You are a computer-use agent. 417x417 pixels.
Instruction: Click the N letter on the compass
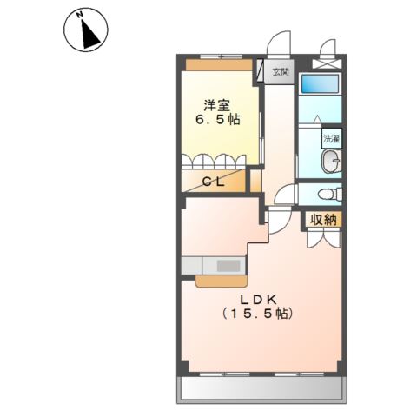tap(79, 15)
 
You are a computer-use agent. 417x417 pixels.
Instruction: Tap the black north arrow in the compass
tap(90, 34)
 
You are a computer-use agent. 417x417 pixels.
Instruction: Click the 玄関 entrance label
tap(281, 72)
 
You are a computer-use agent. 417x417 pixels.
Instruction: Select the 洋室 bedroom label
tap(217, 105)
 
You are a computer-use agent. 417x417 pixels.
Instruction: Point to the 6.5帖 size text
tap(218, 119)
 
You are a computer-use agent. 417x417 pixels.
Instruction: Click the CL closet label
tap(214, 182)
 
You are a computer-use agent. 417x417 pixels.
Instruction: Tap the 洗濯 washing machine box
tap(332, 139)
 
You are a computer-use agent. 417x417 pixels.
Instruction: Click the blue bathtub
tap(320, 83)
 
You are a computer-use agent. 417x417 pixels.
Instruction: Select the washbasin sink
tap(332, 161)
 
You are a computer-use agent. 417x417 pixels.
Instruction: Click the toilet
tap(330, 194)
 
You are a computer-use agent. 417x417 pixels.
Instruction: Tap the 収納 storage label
tap(324, 221)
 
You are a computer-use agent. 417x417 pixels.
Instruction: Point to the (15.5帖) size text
tap(257, 314)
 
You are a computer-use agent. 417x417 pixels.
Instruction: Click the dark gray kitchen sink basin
tap(228, 266)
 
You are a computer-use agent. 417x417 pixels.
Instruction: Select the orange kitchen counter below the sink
tap(222, 281)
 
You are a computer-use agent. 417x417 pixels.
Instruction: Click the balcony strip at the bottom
tap(261, 388)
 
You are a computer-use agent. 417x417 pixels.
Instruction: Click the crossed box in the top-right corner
tap(328, 63)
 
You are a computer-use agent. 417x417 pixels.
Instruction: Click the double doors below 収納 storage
tap(323, 238)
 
